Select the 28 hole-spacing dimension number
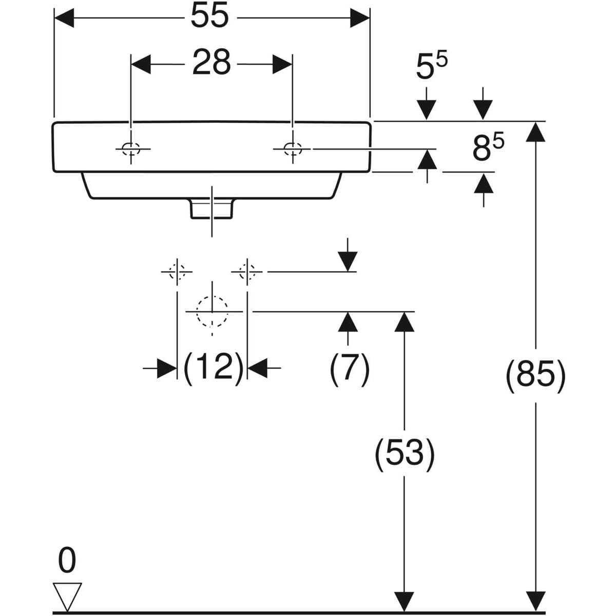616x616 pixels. point(211,63)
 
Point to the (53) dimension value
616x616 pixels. point(405,454)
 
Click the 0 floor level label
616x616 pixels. point(67,560)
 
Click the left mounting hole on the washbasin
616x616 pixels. point(131,149)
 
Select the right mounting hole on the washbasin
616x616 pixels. point(293,149)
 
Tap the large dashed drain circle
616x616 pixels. point(212,312)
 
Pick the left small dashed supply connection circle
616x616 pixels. point(177,271)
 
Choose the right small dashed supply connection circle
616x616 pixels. point(247,271)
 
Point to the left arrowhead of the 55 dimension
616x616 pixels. point(64,18)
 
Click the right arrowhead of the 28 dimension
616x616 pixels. point(282,64)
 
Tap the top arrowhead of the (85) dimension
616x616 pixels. point(536,132)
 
